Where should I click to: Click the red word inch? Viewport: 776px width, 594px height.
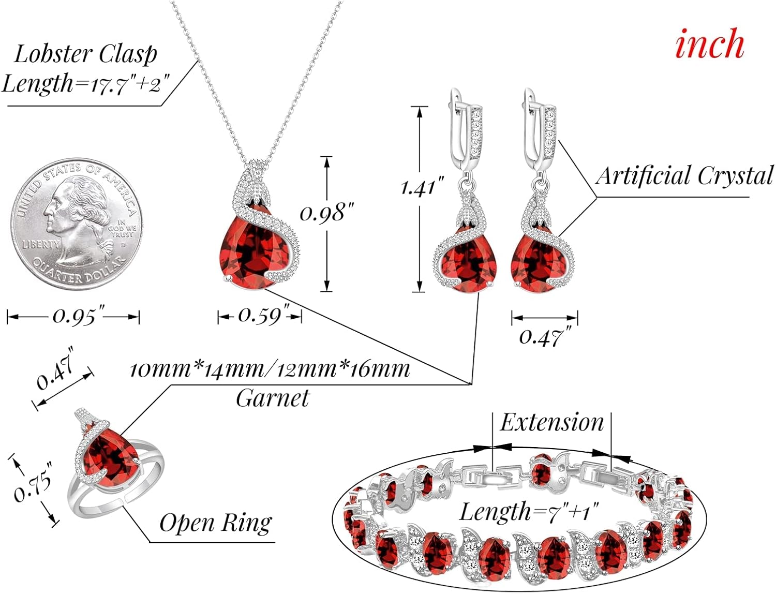pyautogui.click(x=709, y=44)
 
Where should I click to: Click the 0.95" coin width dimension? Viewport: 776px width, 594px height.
pyautogui.click(x=73, y=316)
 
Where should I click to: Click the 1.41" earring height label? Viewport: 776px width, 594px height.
pyautogui.click(x=422, y=187)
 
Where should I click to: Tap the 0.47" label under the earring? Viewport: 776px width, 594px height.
pyautogui.click(x=541, y=337)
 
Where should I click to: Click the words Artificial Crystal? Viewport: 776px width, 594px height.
pyautogui.click(x=684, y=176)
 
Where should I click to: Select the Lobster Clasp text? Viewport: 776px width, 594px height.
pyautogui.click(x=85, y=54)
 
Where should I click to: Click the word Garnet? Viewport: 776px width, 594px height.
pyautogui.click(x=273, y=398)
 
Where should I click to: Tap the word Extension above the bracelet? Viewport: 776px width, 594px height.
pyautogui.click(x=552, y=423)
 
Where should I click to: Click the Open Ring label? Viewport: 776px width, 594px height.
pyautogui.click(x=215, y=523)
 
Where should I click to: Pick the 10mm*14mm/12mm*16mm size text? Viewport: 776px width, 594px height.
pyautogui.click(x=269, y=369)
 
